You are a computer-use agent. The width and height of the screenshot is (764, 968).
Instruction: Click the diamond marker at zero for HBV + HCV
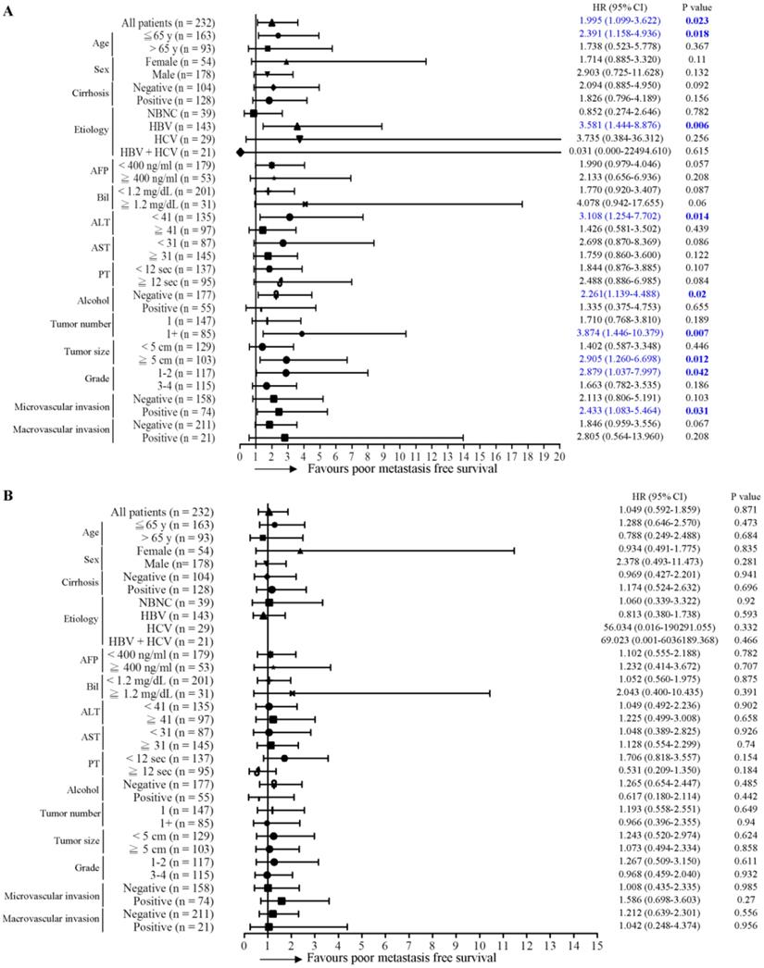point(241,152)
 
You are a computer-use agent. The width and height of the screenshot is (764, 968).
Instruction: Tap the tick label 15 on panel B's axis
point(597,938)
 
